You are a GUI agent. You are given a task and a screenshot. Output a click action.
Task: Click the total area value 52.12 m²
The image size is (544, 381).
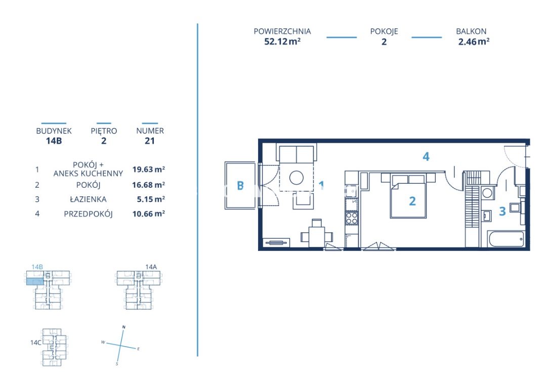[x=282, y=41]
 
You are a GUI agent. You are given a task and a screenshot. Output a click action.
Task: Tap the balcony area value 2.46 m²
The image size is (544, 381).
[x=474, y=41]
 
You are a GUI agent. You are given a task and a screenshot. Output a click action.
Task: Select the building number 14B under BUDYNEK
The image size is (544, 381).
[x=54, y=141]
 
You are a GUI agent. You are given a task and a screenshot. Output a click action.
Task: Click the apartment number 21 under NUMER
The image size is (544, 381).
[x=149, y=141]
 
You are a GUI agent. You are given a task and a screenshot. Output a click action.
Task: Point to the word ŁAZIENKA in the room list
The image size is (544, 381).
[x=88, y=199]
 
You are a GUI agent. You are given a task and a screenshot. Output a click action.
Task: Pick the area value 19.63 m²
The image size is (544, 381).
[x=148, y=170]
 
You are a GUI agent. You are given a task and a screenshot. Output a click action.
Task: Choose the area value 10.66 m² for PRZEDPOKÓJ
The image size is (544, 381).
[x=148, y=214]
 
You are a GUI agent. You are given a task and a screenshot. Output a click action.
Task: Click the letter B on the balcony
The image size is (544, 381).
[x=240, y=186]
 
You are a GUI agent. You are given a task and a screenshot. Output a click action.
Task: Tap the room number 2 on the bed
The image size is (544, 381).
[x=412, y=201]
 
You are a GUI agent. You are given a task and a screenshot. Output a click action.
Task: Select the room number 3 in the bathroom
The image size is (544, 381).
[x=502, y=211]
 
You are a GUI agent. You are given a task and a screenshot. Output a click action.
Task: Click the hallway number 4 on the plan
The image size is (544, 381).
[x=426, y=156]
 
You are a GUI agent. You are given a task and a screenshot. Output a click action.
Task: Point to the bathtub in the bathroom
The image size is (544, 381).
[x=506, y=239]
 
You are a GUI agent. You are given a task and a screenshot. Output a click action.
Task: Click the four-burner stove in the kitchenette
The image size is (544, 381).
[x=351, y=218]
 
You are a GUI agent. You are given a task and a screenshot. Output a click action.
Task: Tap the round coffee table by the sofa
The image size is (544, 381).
[x=296, y=178]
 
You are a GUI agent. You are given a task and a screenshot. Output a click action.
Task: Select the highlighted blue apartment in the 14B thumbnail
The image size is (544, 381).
[x=35, y=281]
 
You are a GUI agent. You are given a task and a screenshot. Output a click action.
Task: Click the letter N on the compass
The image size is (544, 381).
[x=123, y=327]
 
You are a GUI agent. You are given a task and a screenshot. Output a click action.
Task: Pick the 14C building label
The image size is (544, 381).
[x=36, y=343]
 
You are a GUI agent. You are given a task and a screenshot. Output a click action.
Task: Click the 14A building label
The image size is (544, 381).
[x=151, y=267]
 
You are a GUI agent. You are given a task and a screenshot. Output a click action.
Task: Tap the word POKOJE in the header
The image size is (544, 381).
[x=384, y=31]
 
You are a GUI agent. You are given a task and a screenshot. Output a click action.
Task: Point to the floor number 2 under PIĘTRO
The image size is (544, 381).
[x=104, y=141]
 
